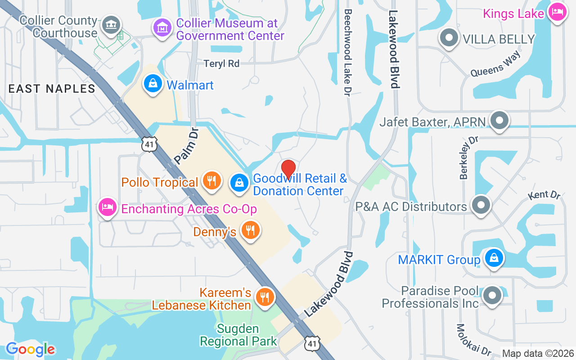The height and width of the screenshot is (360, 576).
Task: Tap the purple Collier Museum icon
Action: click(x=162, y=28)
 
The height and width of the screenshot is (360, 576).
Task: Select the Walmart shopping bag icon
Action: click(x=153, y=84)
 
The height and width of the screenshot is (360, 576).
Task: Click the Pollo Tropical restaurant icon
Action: click(x=211, y=181)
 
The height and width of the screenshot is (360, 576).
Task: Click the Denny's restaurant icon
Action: click(x=250, y=230)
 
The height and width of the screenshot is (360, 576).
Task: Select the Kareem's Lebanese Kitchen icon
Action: click(x=265, y=297)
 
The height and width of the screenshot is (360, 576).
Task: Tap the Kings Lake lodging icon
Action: click(x=557, y=11)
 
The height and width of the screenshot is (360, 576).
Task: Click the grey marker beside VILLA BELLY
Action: click(x=449, y=38)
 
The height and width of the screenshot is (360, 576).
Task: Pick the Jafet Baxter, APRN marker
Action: click(x=499, y=121)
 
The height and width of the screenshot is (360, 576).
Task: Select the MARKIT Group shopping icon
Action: click(x=494, y=258)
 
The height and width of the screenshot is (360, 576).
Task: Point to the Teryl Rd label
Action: click(x=221, y=63)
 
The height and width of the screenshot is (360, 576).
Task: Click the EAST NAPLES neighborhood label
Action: click(x=52, y=89)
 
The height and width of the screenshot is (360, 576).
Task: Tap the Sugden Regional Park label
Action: click(x=238, y=335)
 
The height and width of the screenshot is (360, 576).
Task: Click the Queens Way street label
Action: click(x=495, y=64)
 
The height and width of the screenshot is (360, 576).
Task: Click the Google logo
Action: click(x=30, y=349)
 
